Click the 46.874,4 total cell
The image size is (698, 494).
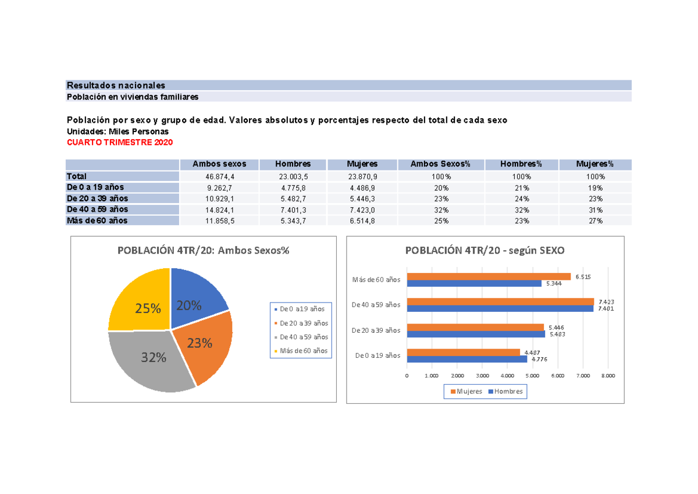[x=219, y=176]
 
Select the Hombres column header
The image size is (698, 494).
[x=293, y=165]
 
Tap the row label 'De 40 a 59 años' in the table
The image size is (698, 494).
[x=98, y=209]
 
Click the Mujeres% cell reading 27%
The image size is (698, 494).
[x=595, y=221]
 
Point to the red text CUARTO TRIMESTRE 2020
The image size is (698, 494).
[x=120, y=143]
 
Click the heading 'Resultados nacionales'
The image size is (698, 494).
[x=116, y=85]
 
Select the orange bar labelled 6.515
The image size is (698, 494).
[x=489, y=276]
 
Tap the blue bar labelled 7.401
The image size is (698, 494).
[x=500, y=308]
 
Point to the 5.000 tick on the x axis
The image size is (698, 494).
[x=532, y=376]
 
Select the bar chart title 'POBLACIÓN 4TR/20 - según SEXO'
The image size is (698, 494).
[x=485, y=250]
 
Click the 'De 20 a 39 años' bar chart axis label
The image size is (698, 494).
[x=376, y=330]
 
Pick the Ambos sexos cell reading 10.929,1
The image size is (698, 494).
[x=219, y=198]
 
